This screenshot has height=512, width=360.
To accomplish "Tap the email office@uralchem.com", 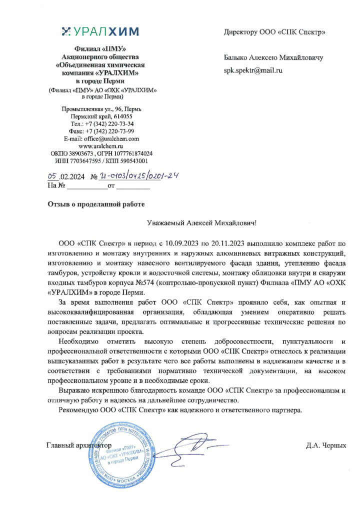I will (x=101, y=138).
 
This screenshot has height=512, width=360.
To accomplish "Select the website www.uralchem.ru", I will (x=101, y=146).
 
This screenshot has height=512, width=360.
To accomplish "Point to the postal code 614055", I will (x=120, y=116).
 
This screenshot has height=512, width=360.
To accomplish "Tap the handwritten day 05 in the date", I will (x=52, y=176).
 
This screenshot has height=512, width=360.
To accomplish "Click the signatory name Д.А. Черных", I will (x=326, y=444).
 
